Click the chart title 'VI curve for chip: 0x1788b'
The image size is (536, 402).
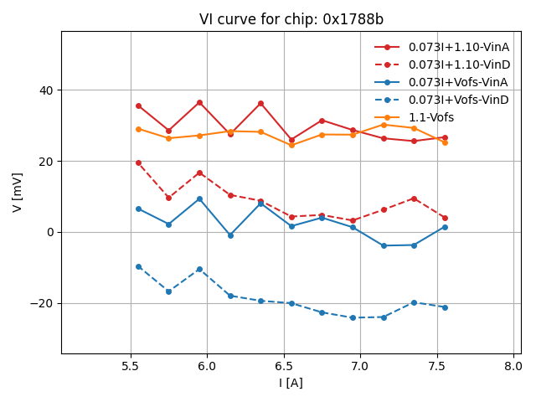click(291, 19)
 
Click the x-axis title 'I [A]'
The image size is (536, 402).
click(291, 383)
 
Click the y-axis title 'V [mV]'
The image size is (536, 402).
click(18, 193)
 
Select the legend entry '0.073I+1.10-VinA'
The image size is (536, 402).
click(459, 47)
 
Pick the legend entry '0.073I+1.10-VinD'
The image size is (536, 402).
click(459, 64)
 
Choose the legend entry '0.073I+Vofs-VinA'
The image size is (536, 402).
click(458, 82)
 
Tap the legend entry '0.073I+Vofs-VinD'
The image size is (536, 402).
click(458, 100)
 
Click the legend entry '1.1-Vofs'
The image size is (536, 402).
click(431, 117)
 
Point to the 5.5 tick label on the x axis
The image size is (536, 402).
click(131, 366)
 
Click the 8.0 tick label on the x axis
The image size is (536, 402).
click(513, 366)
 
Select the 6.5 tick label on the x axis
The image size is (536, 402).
click(284, 366)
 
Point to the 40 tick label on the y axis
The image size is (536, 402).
click(45, 90)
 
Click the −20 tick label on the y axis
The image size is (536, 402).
click(42, 303)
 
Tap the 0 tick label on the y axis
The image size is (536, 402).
click(49, 232)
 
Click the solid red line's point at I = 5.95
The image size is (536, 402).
click(199, 102)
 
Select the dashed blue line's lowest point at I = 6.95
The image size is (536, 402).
click(353, 317)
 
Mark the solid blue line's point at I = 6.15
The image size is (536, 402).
click(230, 235)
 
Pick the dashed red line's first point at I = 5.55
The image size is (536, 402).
click(138, 162)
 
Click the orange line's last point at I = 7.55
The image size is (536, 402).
click(445, 142)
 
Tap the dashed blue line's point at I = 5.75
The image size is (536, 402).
click(168, 291)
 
